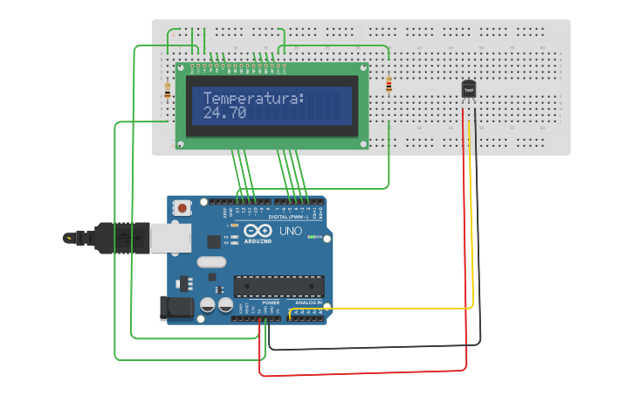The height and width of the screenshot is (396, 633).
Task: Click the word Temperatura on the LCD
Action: [254, 99]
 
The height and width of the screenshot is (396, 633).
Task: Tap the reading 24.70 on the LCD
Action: [224, 114]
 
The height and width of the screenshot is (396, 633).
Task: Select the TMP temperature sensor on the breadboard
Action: [469, 89]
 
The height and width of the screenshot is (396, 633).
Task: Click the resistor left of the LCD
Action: [167, 89]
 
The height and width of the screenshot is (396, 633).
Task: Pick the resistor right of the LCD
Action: [389, 85]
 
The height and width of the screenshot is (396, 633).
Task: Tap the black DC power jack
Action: [175, 308]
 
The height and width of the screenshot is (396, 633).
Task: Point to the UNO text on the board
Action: [290, 232]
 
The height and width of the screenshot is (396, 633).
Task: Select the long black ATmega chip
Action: [279, 286]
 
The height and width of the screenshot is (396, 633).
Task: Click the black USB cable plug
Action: [106, 237]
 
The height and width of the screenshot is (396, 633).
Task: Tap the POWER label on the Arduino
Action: [258, 302]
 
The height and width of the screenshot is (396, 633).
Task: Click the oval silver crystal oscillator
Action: [211, 261]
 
